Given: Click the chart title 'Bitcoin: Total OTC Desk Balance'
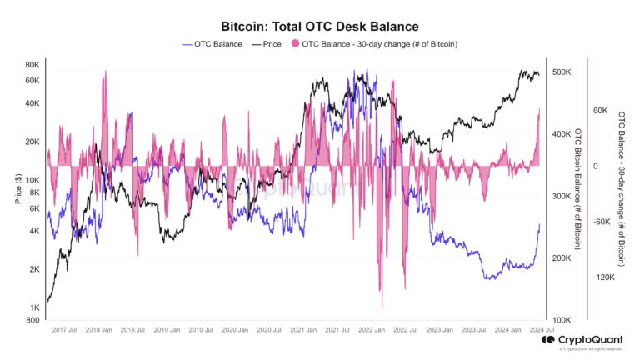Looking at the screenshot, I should [319, 27].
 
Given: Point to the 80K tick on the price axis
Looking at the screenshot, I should [32, 64].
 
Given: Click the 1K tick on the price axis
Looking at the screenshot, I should [34, 307].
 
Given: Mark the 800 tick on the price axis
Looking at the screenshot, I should [32, 320].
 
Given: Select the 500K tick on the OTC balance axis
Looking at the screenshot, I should [561, 72].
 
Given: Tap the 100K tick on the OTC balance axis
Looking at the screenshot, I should [561, 320].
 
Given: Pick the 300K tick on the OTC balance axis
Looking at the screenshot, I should [561, 197].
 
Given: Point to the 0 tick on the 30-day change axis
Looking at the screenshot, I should [596, 166].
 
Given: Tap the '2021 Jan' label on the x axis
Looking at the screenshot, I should [301, 331].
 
